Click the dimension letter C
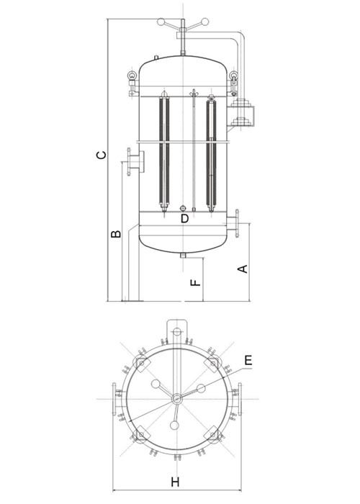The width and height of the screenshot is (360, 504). (102, 153)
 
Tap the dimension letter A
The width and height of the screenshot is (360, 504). (243, 269)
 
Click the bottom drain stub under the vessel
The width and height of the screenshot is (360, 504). (184, 255)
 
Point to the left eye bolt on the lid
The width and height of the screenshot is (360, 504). (133, 74)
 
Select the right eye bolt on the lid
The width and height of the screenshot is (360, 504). (234, 74)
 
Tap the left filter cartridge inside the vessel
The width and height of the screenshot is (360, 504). (163, 154)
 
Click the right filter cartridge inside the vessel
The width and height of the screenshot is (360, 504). (210, 154)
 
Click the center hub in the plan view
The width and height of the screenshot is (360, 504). (175, 399)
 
